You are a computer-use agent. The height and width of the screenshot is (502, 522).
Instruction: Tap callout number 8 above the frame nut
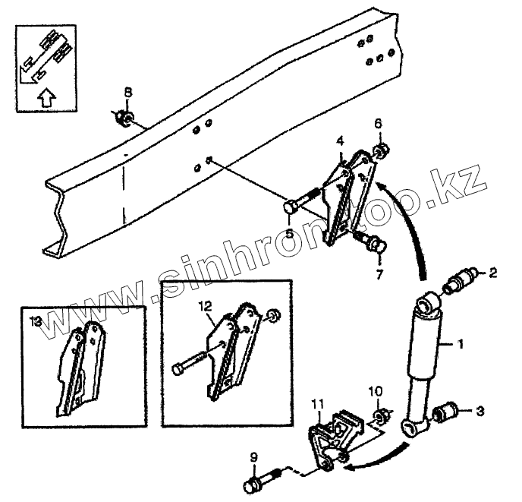[127, 93]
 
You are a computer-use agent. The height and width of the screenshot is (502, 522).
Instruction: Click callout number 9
[253, 457]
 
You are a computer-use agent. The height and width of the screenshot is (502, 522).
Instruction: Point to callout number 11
[318, 403]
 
